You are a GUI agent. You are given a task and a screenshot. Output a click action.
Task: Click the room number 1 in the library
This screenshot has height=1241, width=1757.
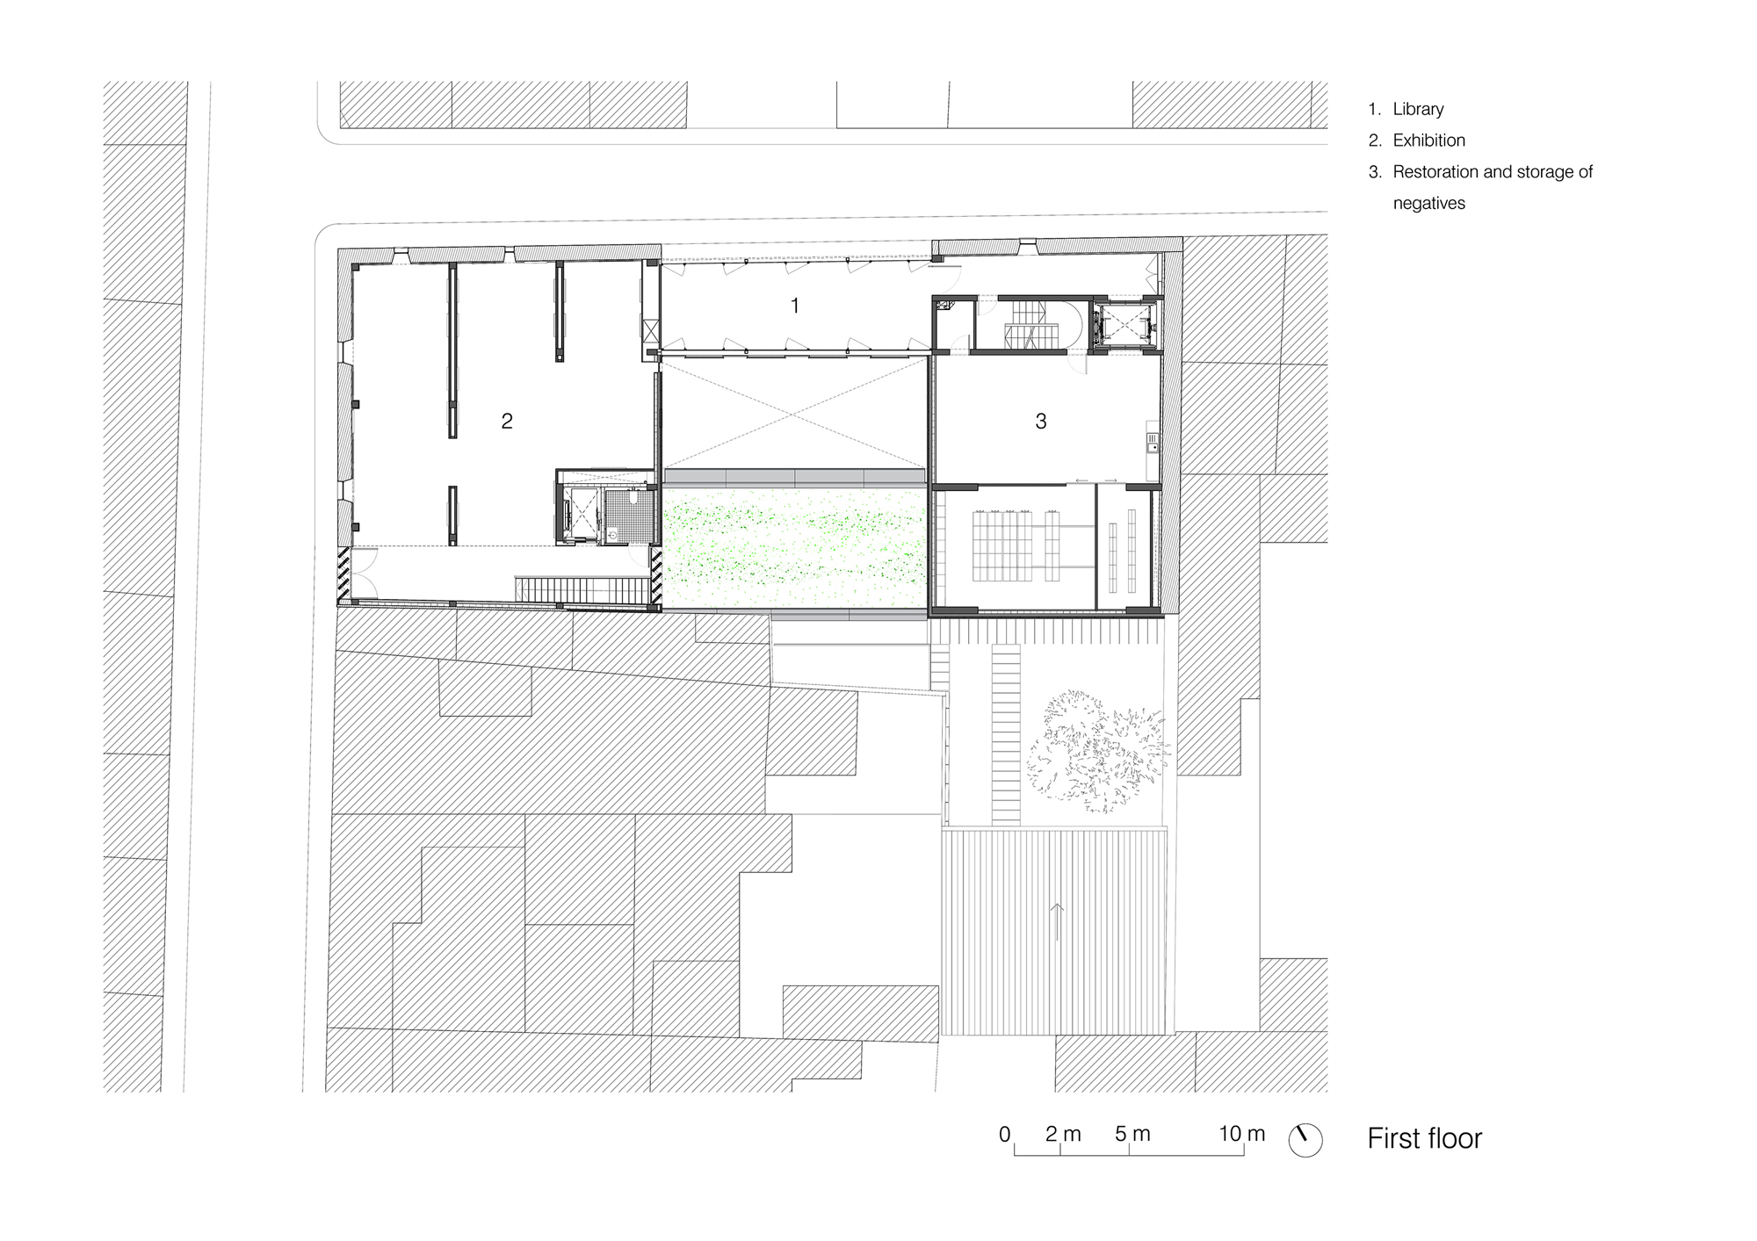pos(795,306)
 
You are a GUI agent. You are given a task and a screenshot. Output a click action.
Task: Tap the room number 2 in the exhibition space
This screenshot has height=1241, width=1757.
pos(507,422)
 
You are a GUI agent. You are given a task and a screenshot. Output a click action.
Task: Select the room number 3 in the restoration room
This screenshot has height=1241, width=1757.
pos(1041,422)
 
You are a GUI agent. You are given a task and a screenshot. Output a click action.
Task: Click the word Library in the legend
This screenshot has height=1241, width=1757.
pos(1418,109)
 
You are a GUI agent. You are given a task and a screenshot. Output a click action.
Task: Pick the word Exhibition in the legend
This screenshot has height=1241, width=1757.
pos(1429,141)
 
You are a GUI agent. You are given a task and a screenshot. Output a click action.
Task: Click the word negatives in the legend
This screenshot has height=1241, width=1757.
pos(1429,204)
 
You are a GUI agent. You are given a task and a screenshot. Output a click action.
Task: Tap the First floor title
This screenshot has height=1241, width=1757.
pos(1424,1138)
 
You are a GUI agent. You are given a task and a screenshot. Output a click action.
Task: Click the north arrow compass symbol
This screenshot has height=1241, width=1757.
pos(1305,1139)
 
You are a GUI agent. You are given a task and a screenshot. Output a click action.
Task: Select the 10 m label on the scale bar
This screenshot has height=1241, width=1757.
pos(1241,1134)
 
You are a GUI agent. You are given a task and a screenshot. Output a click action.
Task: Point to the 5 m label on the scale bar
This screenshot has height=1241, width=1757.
pos(1132,1134)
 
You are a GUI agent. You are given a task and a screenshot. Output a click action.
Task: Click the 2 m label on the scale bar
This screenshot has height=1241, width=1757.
pos(1063,1134)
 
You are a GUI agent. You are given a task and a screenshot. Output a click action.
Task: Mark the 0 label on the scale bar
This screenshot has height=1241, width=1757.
pos(1005,1134)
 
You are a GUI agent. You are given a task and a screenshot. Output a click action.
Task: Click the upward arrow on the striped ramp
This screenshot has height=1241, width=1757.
pos(1056,922)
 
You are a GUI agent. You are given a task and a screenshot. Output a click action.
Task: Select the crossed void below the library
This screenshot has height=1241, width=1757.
pos(795,412)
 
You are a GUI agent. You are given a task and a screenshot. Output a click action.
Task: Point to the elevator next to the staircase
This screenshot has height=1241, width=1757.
pos(1124,324)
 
